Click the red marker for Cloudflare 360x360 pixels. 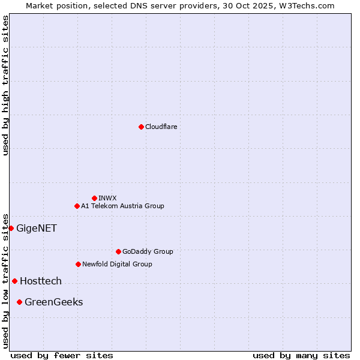click(x=141, y=127)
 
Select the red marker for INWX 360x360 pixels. click(x=94, y=198)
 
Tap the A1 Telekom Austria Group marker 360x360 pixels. click(x=77, y=206)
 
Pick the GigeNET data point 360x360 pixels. click(x=11, y=228)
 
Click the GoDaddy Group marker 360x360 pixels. click(x=118, y=251)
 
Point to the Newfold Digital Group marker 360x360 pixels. click(x=78, y=264)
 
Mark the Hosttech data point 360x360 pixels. click(x=14, y=281)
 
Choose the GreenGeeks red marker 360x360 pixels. click(x=19, y=302)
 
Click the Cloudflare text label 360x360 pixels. click(x=161, y=127)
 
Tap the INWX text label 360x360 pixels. click(x=107, y=198)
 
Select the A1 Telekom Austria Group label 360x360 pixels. click(x=122, y=206)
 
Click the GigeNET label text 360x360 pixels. click(x=36, y=228)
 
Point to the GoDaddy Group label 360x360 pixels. click(x=148, y=251)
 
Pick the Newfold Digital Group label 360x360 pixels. click(x=117, y=264)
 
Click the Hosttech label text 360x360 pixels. click(x=41, y=281)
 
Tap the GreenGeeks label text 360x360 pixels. click(x=53, y=302)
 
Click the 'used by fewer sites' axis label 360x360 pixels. click(x=62, y=355)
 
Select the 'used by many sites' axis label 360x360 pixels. click(x=301, y=355)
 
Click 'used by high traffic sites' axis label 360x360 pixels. click(x=6, y=85)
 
